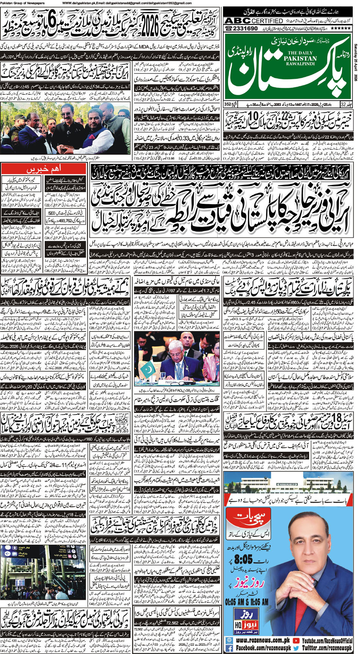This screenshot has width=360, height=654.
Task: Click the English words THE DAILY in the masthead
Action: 300,53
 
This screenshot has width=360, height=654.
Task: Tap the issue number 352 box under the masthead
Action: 228,104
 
